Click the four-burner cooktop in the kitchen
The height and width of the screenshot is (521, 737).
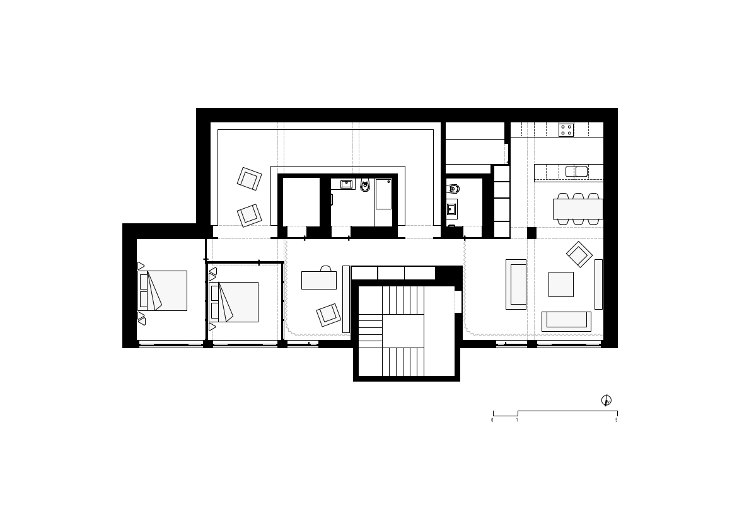coord(566,130)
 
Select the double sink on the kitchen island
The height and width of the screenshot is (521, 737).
coord(576,172)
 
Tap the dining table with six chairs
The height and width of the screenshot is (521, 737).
coord(577,209)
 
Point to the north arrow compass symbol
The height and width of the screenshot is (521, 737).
coord(606,400)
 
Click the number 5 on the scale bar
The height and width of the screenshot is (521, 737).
coord(616,420)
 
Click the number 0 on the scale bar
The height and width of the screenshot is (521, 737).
coord(492,420)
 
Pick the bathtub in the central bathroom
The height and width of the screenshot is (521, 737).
coord(383,194)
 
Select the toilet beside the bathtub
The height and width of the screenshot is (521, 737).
coord(365,185)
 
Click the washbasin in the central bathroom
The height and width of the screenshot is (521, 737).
coord(346,184)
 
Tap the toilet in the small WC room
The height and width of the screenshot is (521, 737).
coord(452,189)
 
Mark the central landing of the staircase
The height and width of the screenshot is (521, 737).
coord(403,331)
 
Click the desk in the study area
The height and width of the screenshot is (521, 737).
coord(318,280)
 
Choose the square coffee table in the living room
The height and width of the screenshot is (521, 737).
coord(560,284)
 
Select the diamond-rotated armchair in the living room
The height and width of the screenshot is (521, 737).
coord(579,254)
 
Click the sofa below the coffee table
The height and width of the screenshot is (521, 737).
coord(566,321)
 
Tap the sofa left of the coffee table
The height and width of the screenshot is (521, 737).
coord(516,284)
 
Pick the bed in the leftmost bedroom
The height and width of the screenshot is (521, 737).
coord(162,291)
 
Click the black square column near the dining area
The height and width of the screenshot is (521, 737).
coord(531,233)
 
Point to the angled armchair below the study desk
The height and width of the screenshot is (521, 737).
coord(328,315)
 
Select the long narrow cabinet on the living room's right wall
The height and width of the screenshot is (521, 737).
coord(598,284)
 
